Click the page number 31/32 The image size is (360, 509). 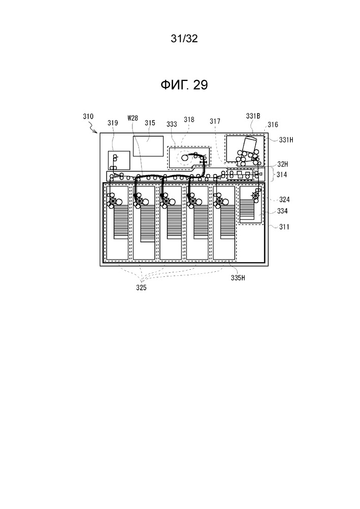click(184, 39)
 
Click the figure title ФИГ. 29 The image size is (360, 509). click(184, 85)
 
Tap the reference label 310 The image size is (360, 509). click(88, 116)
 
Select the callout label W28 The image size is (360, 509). click(133, 118)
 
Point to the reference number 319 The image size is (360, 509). click(113, 123)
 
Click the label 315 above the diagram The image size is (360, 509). click(150, 123)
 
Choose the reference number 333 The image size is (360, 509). click(172, 124)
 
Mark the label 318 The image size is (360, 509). click(189, 120)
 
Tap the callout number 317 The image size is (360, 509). click(215, 121)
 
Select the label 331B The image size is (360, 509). click(253, 116)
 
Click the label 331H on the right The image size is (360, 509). click(286, 139)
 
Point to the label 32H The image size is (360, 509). click(283, 165)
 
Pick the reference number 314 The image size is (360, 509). click(282, 175)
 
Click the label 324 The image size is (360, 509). click(284, 200)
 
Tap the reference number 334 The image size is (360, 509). click(283, 211)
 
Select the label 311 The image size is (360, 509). click(284, 227)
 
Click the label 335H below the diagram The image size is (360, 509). click(238, 278)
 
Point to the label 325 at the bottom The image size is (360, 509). click(141, 288)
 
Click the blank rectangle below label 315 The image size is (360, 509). click(148, 146)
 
